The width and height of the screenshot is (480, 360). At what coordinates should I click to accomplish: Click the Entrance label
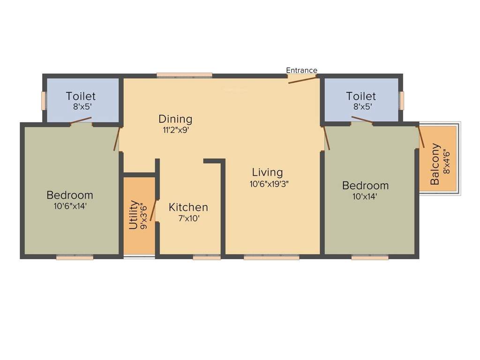[301, 70]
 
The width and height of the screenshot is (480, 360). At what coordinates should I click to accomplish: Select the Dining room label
[175, 119]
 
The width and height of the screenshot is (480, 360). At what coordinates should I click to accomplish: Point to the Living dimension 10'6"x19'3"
[269, 184]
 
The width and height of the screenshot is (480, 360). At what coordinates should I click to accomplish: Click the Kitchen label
[188, 207]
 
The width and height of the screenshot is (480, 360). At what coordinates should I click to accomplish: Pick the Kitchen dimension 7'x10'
[189, 218]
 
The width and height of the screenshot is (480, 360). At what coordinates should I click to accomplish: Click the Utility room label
[134, 215]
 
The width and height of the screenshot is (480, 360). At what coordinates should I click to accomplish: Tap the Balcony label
[435, 164]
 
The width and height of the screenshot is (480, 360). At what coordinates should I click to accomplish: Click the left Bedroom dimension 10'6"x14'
[70, 205]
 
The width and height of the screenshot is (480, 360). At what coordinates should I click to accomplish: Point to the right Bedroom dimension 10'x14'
[365, 196]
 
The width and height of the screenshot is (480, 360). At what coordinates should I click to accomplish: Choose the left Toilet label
[81, 96]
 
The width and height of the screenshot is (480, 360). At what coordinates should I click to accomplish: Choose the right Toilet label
[361, 96]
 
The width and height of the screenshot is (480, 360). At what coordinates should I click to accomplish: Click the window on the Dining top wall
[184, 75]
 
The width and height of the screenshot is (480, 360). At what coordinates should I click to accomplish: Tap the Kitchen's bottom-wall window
[207, 257]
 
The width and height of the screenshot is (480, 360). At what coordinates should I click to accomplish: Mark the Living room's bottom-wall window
[271, 257]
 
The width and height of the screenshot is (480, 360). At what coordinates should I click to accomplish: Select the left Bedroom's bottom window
[75, 257]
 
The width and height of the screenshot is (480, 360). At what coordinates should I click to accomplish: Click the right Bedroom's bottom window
[370, 257]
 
